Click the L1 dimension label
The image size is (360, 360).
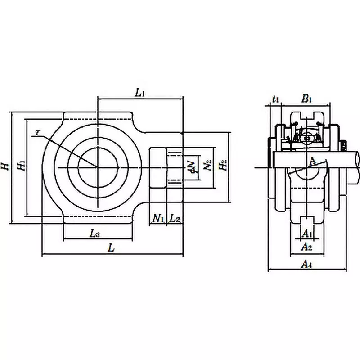tap(140, 93)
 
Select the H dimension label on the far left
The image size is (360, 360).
tap(5, 166)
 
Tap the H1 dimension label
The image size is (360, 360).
tap(21, 166)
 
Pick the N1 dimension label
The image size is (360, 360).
tap(158, 219)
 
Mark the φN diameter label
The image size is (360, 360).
tap(191, 166)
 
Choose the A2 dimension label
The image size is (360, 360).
tap(306, 247)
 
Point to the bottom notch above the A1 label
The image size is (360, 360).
tap(307, 220)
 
